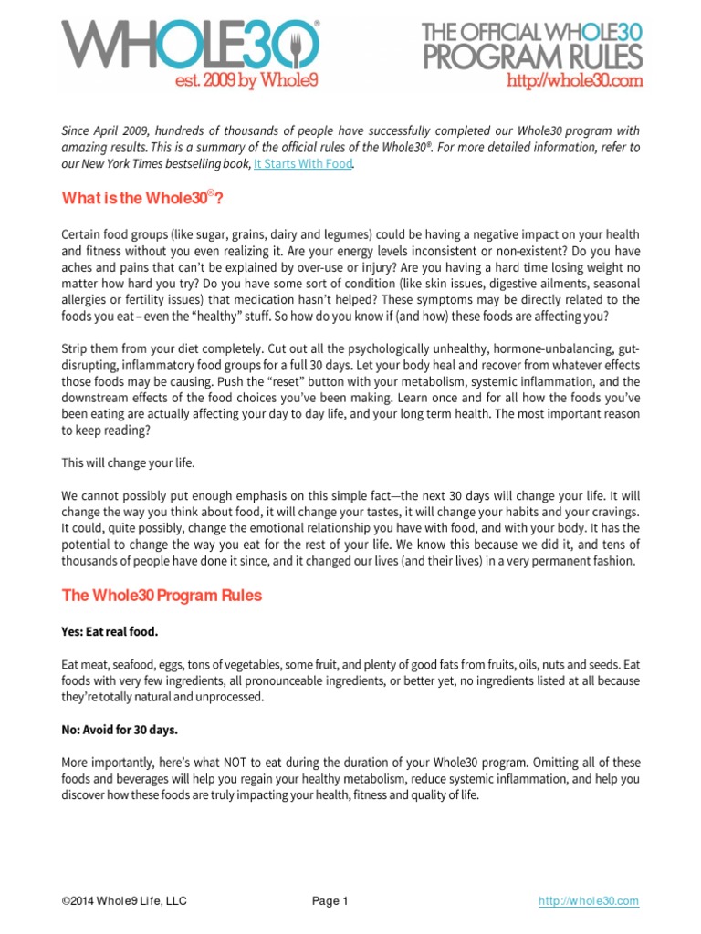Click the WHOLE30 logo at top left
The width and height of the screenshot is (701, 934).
coord(190,42)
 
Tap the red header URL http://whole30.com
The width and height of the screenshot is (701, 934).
coord(574,81)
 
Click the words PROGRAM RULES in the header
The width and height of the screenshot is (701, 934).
coord(531,57)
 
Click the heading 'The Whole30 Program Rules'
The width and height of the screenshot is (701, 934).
coord(162,596)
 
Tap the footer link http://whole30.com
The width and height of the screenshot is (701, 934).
coord(588,901)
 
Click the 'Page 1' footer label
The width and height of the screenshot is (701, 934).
coord(330,901)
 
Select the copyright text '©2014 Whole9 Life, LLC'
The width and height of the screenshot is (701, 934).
coord(124,901)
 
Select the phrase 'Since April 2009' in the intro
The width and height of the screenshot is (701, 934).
coord(102,131)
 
